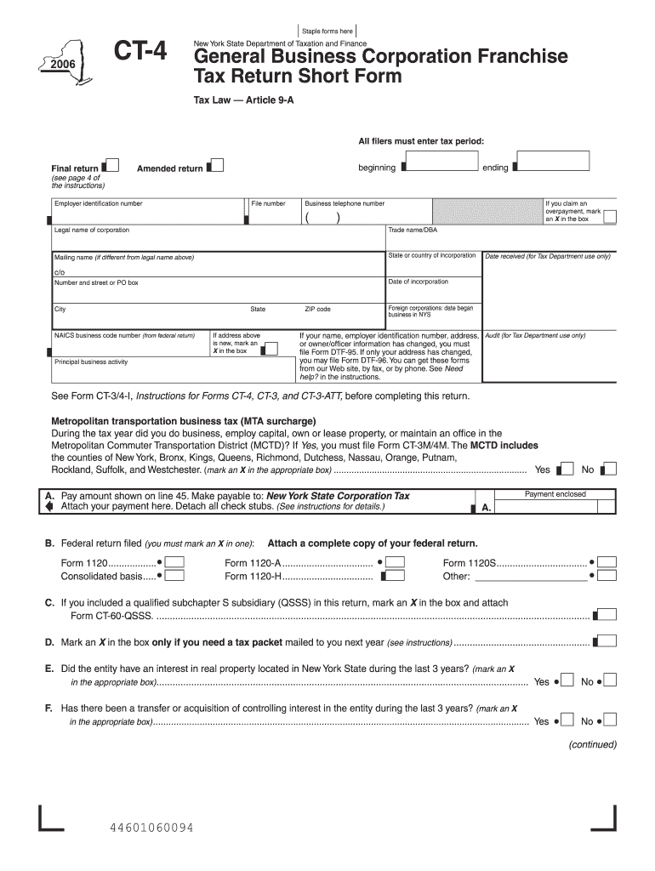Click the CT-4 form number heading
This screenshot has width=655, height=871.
click(141, 54)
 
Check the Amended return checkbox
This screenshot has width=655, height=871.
click(217, 166)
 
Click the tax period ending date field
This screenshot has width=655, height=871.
click(553, 162)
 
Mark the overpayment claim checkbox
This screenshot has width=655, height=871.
click(610, 218)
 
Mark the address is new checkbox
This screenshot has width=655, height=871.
click(271, 348)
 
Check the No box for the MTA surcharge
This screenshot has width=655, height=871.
click(610, 469)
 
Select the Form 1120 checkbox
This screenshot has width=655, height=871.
click(175, 562)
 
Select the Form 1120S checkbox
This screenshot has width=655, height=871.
click(607, 562)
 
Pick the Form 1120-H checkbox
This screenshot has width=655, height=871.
click(395, 576)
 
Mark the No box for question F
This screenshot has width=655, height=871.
click(610, 721)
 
